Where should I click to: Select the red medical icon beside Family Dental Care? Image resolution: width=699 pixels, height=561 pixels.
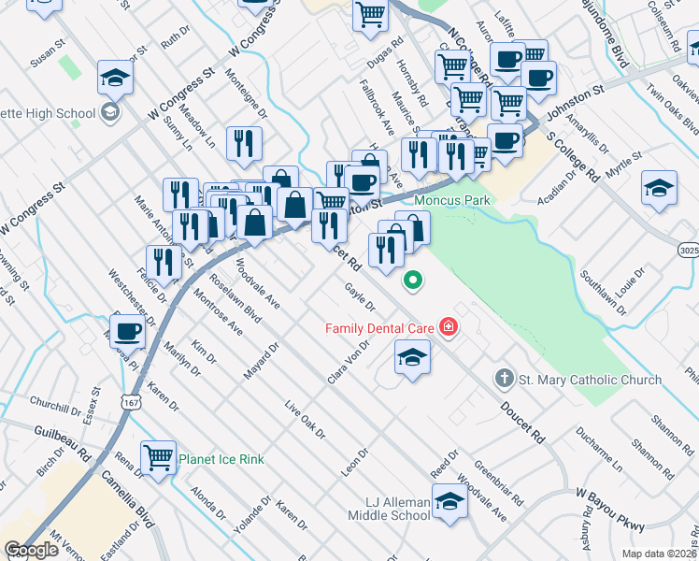[x=449, y=326]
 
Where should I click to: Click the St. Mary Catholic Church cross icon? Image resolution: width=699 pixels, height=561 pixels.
[x=504, y=379]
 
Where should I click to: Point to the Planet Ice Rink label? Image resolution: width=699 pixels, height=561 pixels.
[x=221, y=459]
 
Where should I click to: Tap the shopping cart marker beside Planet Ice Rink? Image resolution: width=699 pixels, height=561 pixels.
[x=159, y=457]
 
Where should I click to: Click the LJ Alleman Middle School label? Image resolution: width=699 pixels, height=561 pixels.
[x=389, y=509]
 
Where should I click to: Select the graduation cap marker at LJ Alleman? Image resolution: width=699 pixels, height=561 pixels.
[x=449, y=502]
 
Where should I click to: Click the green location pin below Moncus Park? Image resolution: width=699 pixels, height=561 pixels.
[x=411, y=279]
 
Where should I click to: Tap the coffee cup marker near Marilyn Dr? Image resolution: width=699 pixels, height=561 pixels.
[x=128, y=330]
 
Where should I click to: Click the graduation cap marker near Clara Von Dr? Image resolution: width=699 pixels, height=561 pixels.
[x=412, y=356]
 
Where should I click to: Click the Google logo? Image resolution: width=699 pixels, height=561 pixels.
[x=31, y=551]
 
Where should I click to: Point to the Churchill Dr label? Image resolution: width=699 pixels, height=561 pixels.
[x=55, y=402]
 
